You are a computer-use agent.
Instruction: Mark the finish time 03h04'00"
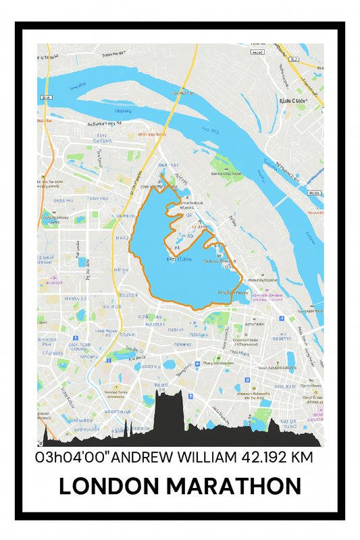click(x=72, y=458)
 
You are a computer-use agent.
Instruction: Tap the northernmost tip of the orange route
click(x=161, y=177)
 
